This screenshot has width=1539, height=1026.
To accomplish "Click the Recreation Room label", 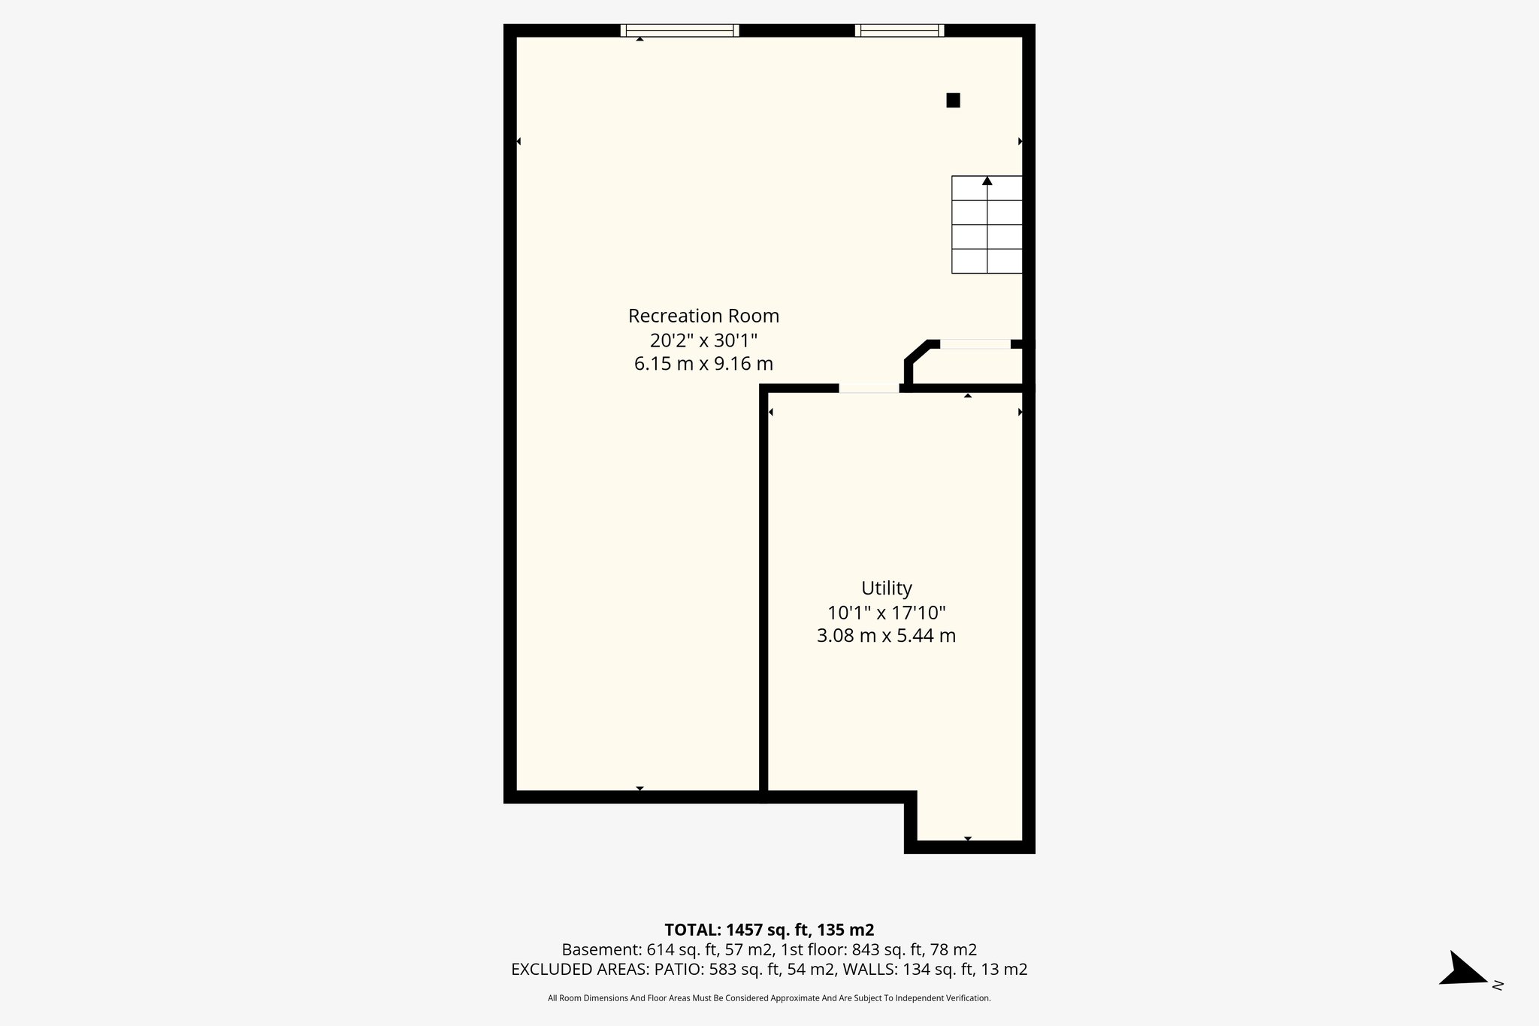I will [x=703, y=316].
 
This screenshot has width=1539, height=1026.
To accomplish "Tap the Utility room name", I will [x=887, y=588].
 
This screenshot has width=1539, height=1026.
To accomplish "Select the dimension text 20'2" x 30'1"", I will [x=703, y=340].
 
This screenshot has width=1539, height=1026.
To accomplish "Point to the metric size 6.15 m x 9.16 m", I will [x=703, y=364].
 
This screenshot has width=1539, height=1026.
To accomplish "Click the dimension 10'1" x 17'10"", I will [x=886, y=612].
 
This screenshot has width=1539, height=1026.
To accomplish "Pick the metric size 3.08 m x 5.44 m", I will [x=886, y=636].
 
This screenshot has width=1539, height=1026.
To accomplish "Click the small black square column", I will [x=953, y=100].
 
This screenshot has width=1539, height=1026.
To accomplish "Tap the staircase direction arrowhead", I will [x=987, y=180].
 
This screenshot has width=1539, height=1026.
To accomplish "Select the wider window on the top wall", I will [x=679, y=30].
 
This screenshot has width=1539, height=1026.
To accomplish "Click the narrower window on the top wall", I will [x=900, y=30].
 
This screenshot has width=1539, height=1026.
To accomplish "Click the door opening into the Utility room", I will [x=869, y=388].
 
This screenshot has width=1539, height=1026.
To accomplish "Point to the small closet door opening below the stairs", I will [x=975, y=344].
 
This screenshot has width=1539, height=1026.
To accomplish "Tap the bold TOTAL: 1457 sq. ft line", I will [x=769, y=930].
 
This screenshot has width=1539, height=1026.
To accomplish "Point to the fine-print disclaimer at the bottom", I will [x=769, y=998].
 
